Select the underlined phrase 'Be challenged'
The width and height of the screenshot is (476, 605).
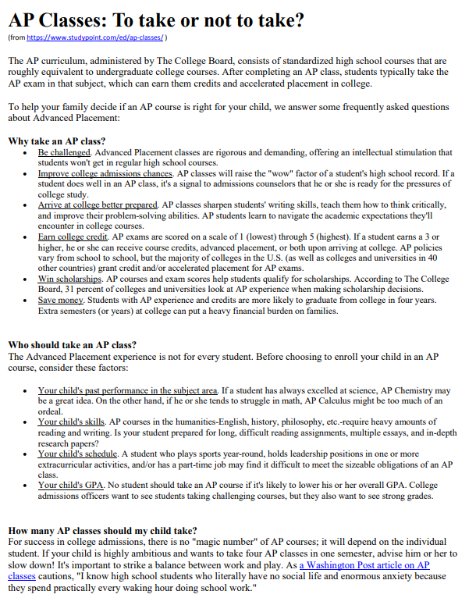point(65,151)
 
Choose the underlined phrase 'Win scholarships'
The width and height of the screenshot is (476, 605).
point(71,279)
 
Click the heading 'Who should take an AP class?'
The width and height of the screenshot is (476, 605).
point(72,344)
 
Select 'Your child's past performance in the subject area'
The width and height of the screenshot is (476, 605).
point(128,390)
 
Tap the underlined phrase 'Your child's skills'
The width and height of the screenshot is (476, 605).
point(71,422)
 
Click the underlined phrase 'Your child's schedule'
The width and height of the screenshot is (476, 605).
point(77,454)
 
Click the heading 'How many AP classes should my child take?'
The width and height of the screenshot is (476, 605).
point(102,530)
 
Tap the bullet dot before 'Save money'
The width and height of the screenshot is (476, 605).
point(29,301)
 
